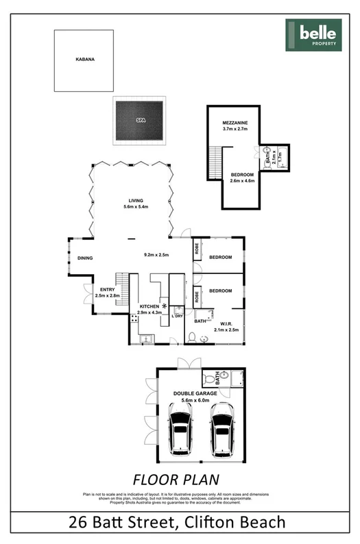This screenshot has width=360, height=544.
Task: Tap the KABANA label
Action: click(x=85, y=60)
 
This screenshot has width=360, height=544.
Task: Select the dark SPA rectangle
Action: click(x=140, y=121)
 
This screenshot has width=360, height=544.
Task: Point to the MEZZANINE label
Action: click(x=235, y=123)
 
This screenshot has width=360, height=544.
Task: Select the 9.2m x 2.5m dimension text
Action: click(x=156, y=255)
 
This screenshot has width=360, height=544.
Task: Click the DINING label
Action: click(x=85, y=258)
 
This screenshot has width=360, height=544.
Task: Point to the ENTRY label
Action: click(x=108, y=290)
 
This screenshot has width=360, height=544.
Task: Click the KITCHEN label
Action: click(x=149, y=306)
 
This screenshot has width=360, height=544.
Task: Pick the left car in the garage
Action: click(x=180, y=432)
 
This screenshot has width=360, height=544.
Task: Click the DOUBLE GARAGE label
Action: click(x=198, y=393)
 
